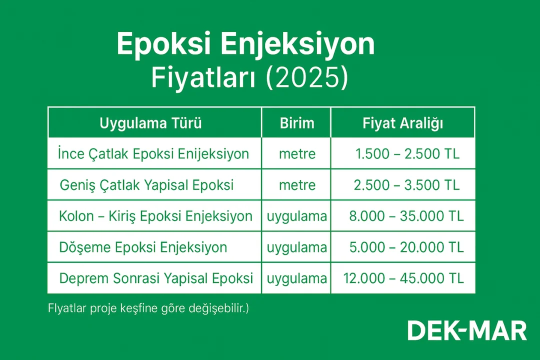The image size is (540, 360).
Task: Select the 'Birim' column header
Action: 296,123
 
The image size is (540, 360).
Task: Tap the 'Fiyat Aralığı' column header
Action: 402,123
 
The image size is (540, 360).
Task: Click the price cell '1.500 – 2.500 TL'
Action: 407,153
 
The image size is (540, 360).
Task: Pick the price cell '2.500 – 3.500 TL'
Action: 406,185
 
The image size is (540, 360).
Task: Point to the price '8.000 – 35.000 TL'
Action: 406,216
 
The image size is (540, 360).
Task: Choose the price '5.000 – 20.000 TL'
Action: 406,247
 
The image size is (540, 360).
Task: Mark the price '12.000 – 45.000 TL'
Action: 404,278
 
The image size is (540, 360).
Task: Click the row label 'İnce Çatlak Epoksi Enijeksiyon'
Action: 153,153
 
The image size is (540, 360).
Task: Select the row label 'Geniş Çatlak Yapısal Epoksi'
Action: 146,185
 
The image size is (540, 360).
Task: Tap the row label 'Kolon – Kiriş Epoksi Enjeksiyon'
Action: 155,216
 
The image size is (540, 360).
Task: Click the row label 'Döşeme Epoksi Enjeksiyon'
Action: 143,247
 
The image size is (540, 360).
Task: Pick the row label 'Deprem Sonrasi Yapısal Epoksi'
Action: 156,278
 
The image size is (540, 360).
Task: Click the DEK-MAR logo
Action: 467,331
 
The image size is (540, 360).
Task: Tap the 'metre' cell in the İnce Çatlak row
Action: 297,153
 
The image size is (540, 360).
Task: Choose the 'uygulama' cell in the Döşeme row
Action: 297,247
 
